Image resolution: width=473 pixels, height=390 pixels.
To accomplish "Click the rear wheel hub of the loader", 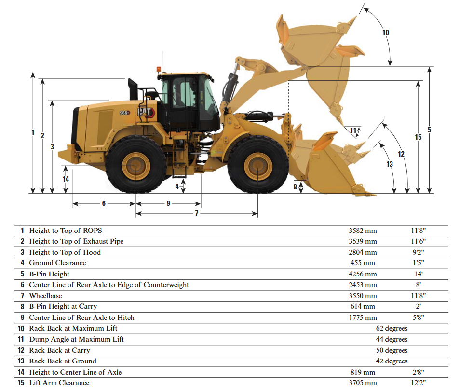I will click(135, 166).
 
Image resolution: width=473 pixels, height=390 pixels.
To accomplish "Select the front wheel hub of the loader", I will click(258, 166).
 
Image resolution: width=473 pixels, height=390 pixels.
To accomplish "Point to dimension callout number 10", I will click(385, 33).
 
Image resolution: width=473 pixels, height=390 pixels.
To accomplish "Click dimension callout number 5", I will click(429, 130).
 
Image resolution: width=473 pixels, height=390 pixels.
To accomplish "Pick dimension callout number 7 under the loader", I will click(196, 213).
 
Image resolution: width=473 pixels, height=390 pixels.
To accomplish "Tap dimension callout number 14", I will click(66, 179).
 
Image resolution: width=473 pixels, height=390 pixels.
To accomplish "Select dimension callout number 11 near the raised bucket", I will click(353, 130).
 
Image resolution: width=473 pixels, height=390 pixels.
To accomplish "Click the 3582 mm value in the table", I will click(363, 231).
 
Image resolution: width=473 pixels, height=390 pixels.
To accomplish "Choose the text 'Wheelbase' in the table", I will click(45, 296).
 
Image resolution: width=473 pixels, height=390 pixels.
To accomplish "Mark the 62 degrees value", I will click(392, 329).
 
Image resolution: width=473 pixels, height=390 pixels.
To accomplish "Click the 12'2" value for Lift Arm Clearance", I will click(418, 383).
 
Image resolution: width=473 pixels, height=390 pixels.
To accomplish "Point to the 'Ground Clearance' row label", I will click(57, 263).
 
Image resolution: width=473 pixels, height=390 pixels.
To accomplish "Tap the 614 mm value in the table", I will click(363, 306).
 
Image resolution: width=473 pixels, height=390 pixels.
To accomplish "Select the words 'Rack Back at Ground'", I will click(62, 361).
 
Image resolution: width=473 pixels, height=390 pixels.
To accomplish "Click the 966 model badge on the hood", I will click(124, 113).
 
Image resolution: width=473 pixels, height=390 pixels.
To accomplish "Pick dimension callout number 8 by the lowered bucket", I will click(295, 187).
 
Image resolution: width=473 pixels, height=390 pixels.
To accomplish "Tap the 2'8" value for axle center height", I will click(418, 372).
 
